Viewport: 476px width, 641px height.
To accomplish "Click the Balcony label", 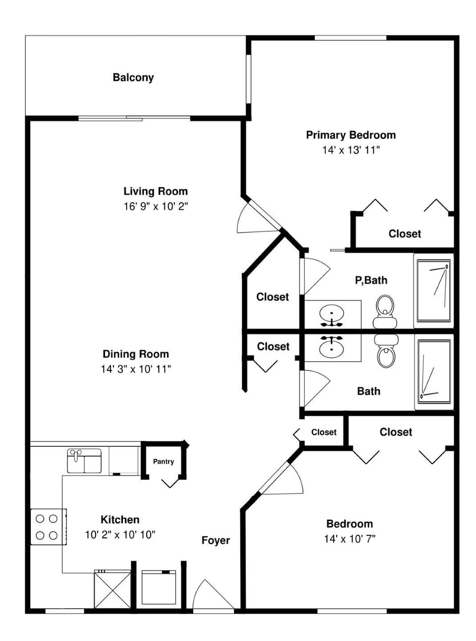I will (x=133, y=77).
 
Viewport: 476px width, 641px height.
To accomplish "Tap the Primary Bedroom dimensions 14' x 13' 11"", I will (x=351, y=150).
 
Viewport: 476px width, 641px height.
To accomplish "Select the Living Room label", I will (x=155, y=191).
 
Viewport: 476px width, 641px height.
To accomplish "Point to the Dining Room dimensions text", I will (x=135, y=369).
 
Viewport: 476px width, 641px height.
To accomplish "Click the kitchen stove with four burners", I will (x=48, y=527).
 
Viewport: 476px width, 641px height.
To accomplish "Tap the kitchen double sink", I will (x=84, y=461).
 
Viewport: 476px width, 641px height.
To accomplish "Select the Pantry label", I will (x=163, y=461).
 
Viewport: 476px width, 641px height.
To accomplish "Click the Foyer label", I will (x=216, y=540).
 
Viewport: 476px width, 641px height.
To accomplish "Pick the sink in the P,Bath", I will (x=331, y=315).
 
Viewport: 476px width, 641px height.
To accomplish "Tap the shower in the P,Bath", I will (x=433, y=290).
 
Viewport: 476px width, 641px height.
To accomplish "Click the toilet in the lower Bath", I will (x=385, y=351).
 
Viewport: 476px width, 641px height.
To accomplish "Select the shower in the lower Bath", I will (x=434, y=371).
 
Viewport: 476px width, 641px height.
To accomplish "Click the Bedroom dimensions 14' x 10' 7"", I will (x=350, y=539).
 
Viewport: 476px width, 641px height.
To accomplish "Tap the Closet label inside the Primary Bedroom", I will (x=405, y=234).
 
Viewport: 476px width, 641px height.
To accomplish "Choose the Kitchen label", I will (x=120, y=519).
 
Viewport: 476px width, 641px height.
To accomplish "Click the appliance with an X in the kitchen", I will (x=113, y=589).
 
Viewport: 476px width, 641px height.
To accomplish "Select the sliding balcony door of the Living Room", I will (x=134, y=118).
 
